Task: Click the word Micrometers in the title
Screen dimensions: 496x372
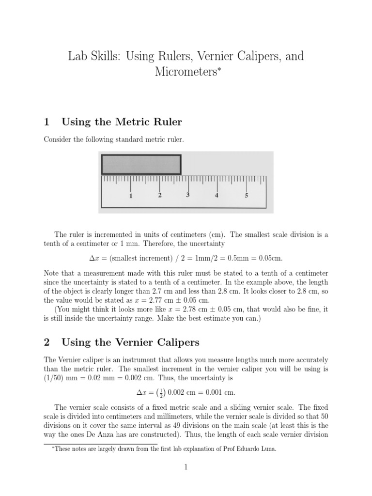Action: [184, 73]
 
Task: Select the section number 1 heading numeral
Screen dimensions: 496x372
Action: [46, 122]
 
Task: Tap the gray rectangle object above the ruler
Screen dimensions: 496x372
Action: [141, 164]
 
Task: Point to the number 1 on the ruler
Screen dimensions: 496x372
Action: [131, 196]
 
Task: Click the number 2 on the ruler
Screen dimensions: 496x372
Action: [160, 195]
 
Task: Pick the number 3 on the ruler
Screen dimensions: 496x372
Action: [188, 195]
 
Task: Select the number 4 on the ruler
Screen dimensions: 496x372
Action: [217, 196]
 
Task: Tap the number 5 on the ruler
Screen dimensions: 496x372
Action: [246, 196]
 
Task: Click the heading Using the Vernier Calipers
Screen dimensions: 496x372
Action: [131, 342]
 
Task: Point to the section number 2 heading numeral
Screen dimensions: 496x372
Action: [46, 342]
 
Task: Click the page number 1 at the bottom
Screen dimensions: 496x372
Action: [186, 467]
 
